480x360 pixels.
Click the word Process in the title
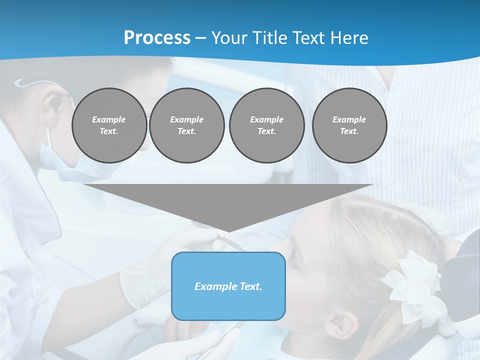coord(157,38)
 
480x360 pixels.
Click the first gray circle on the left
coord(109,125)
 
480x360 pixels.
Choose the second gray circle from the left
coord(186,125)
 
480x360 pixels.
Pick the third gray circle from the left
coord(266,125)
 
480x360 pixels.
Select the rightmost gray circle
coord(349,125)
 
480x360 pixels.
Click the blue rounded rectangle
coord(228,286)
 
